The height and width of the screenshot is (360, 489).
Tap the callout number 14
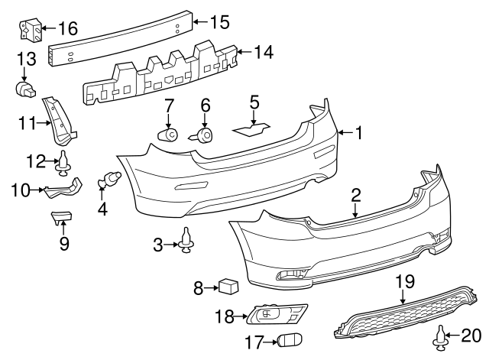[x=263, y=53]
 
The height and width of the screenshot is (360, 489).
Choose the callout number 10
[x=21, y=189]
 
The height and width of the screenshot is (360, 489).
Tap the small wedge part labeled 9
[x=62, y=219]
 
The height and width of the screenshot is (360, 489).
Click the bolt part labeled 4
[x=112, y=180]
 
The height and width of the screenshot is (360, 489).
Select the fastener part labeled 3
[x=186, y=242]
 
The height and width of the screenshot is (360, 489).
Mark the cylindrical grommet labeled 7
[x=168, y=135]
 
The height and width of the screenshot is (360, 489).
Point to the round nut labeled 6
[x=205, y=136]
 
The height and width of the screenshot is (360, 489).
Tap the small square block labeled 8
[x=228, y=287]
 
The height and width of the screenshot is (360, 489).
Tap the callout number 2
[x=356, y=196]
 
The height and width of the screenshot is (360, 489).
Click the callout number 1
[x=358, y=134]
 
